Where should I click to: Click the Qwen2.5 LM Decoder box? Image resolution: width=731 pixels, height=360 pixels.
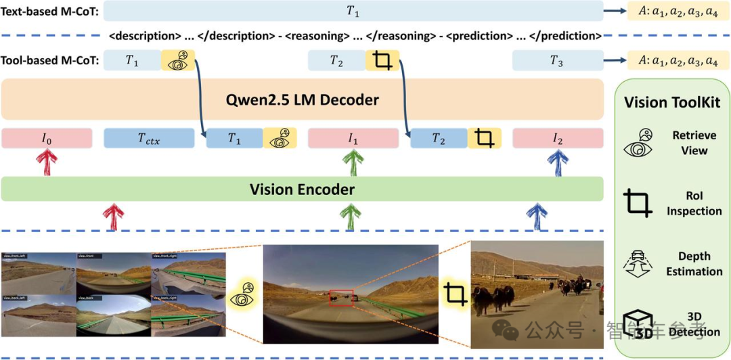click(302, 100)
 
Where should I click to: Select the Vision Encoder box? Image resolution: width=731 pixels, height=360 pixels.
click(302, 189)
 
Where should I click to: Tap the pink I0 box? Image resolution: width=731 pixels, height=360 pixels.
click(45, 138)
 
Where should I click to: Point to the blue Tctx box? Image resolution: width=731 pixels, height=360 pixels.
click(148, 138)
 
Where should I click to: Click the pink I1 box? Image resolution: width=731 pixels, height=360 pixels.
click(353, 138)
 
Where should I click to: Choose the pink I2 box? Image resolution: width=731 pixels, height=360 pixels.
click(558, 138)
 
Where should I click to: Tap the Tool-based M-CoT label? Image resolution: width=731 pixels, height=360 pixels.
click(51, 60)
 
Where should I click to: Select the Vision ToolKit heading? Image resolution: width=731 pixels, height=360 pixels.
click(672, 102)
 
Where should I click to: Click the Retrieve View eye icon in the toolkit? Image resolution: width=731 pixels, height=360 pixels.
click(640, 143)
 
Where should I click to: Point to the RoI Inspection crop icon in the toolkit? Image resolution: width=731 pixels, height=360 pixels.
click(638, 203)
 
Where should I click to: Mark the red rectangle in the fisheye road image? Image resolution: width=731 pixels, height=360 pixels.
click(340, 298)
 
